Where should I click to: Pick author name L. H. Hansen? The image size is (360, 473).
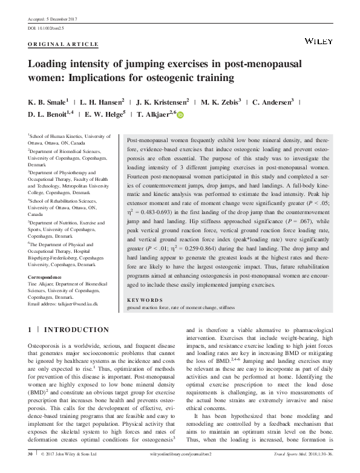(x=103, y=101)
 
